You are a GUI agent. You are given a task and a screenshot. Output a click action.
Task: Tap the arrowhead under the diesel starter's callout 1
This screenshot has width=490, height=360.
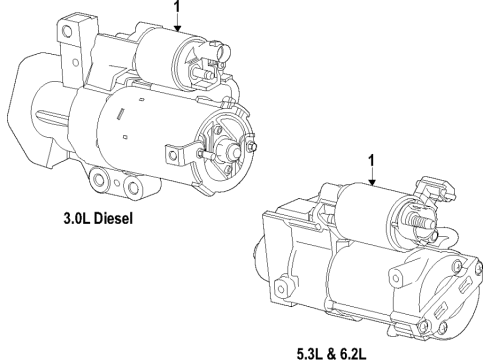[x=178, y=32]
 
